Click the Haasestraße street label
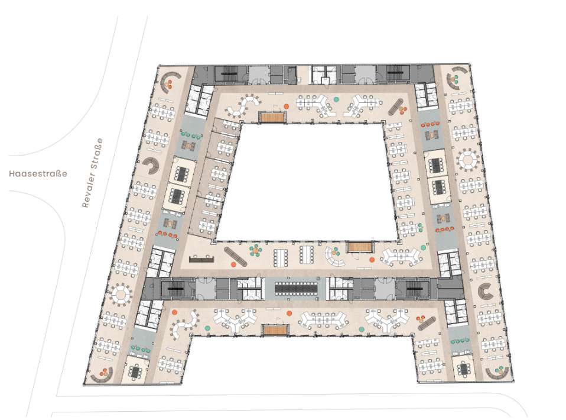click(38, 173)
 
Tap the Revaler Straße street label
click(92, 173)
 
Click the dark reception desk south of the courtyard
click(201, 259)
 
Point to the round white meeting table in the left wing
click(121, 294)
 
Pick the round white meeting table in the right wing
click(468, 159)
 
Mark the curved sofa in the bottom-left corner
click(102, 378)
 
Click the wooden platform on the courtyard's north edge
click(272, 117)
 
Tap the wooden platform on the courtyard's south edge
click(360, 247)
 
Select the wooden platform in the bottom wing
click(276, 329)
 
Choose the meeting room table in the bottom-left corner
click(136, 371)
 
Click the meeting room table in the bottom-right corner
click(463, 369)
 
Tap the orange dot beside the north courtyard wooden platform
click(286, 106)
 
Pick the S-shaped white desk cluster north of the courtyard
click(243, 105)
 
